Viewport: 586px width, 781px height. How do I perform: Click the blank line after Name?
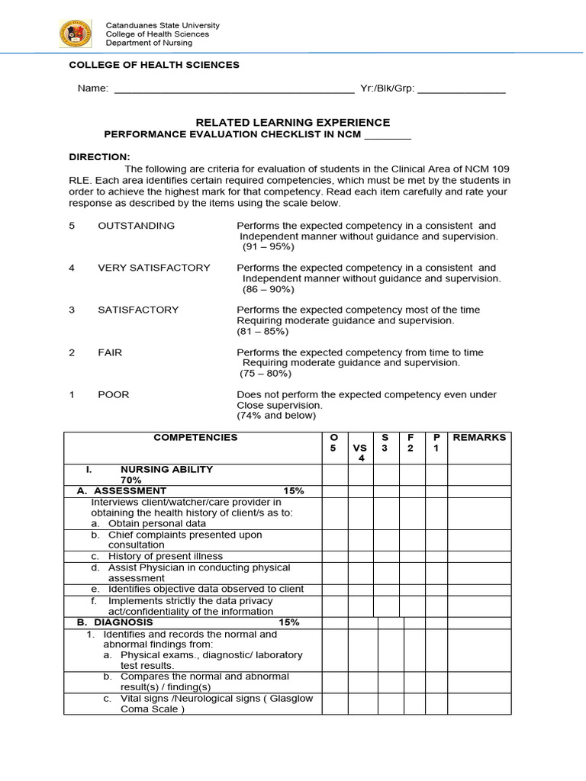(x=233, y=91)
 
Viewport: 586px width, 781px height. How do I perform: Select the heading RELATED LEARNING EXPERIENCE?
(x=293, y=122)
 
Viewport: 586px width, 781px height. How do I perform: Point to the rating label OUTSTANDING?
(x=136, y=226)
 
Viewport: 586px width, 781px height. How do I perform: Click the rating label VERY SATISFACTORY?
(x=153, y=268)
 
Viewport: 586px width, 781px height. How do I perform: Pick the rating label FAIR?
(x=110, y=352)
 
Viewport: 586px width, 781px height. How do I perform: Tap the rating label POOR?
(x=113, y=394)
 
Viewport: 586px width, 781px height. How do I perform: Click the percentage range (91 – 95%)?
(x=268, y=247)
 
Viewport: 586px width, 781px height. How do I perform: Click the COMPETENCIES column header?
(x=195, y=438)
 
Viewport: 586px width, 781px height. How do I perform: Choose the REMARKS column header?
(x=479, y=438)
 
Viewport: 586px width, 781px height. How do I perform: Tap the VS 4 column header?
(x=360, y=453)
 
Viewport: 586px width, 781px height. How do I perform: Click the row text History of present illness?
(x=166, y=557)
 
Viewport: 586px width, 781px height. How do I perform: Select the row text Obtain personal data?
(x=157, y=524)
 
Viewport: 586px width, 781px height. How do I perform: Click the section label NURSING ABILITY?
(x=166, y=469)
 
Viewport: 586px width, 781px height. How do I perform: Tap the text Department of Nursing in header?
(x=150, y=43)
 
